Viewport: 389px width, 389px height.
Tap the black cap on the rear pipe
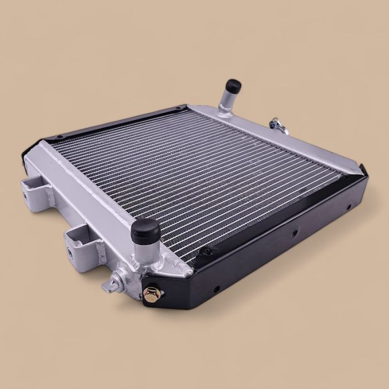[233, 86]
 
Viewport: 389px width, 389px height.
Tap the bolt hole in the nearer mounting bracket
[71, 251]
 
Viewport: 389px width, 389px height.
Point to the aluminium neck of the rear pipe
[227, 102]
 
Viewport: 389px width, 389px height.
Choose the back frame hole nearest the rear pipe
[177, 108]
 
